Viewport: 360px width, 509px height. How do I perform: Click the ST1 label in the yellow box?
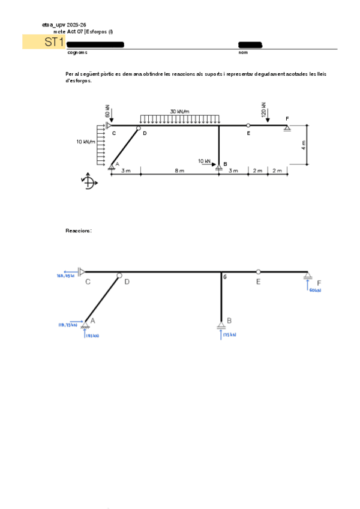tap(53, 42)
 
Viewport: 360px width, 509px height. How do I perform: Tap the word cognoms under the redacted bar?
tap(77, 53)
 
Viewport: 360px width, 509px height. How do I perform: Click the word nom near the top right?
tap(243, 53)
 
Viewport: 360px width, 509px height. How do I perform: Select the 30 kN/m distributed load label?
tap(179, 111)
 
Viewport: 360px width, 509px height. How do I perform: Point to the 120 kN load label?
tap(264, 109)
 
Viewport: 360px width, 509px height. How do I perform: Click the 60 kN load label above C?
tap(107, 110)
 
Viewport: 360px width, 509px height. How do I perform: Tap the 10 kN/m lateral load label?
tap(86, 142)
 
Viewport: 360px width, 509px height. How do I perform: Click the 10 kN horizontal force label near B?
tap(204, 161)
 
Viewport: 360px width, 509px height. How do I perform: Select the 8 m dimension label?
tap(179, 171)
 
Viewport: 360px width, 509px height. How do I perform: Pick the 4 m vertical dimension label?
tap(304, 144)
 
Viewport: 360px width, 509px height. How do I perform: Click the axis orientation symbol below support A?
tap(88, 182)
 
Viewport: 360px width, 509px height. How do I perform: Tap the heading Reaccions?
tap(78, 230)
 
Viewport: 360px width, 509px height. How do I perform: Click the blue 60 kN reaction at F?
tap(315, 290)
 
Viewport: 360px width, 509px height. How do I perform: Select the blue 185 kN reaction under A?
tap(92, 336)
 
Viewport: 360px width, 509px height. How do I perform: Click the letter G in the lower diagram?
tap(225, 277)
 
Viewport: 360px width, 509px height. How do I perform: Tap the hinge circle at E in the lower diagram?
tap(259, 272)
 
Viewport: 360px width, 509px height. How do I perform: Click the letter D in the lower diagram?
tap(127, 281)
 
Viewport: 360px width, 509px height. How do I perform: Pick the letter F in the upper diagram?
tap(287, 118)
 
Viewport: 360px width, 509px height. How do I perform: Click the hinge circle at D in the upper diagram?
tap(139, 127)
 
